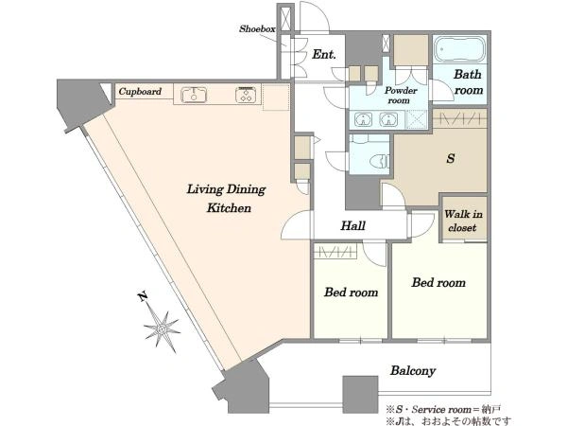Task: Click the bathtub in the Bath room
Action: tap(459, 49)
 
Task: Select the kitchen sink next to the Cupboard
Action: tap(194, 95)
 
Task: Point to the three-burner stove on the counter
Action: tap(248, 95)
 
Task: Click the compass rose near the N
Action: tap(162, 328)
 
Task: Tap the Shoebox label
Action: tap(257, 28)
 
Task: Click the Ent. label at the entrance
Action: tap(324, 54)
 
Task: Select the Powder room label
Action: tap(401, 96)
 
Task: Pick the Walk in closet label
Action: tap(463, 221)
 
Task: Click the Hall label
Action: tap(352, 225)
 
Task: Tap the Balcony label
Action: tap(413, 370)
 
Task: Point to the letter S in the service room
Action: tap(451, 158)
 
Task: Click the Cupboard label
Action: tap(140, 91)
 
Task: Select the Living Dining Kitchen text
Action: tap(227, 198)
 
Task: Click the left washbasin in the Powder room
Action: tap(364, 119)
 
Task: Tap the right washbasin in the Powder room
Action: tap(388, 119)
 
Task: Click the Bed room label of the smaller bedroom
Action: tap(352, 292)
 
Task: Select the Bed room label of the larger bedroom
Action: tap(438, 282)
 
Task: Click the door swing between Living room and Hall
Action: tap(296, 224)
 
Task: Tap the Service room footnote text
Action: tap(443, 410)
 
